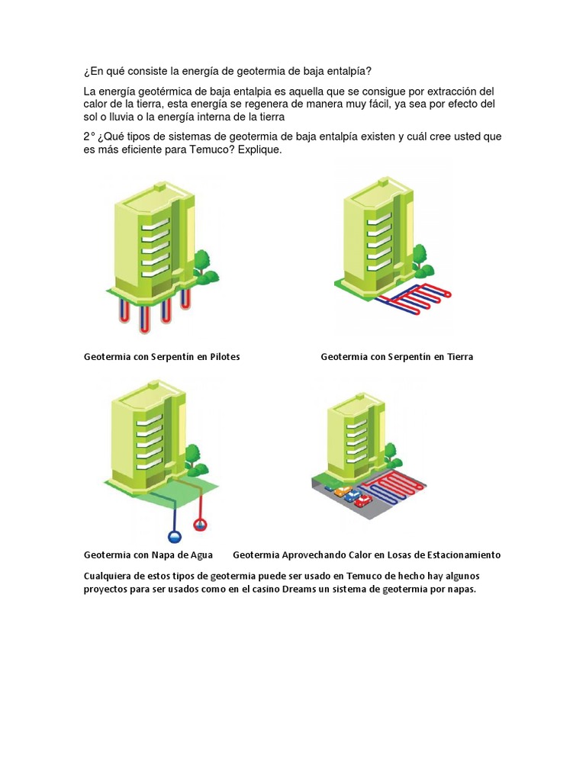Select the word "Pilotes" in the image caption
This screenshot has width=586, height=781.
point(224,357)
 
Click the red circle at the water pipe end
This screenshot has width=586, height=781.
point(200,525)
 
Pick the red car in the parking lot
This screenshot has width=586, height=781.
point(363,500)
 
